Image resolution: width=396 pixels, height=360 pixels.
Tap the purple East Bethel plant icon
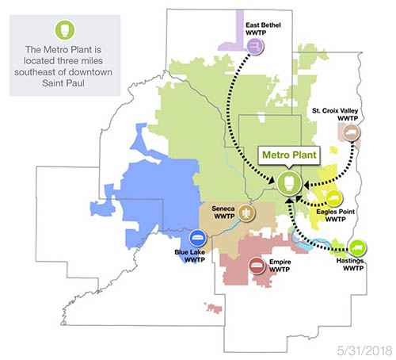pos(255,48)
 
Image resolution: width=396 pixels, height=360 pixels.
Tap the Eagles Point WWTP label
pos(335,216)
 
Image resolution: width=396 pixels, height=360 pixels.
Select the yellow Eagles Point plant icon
pos(333,196)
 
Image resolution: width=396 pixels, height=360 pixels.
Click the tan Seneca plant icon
pos(248,213)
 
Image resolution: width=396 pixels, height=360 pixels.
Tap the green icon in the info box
pos(62,31)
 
